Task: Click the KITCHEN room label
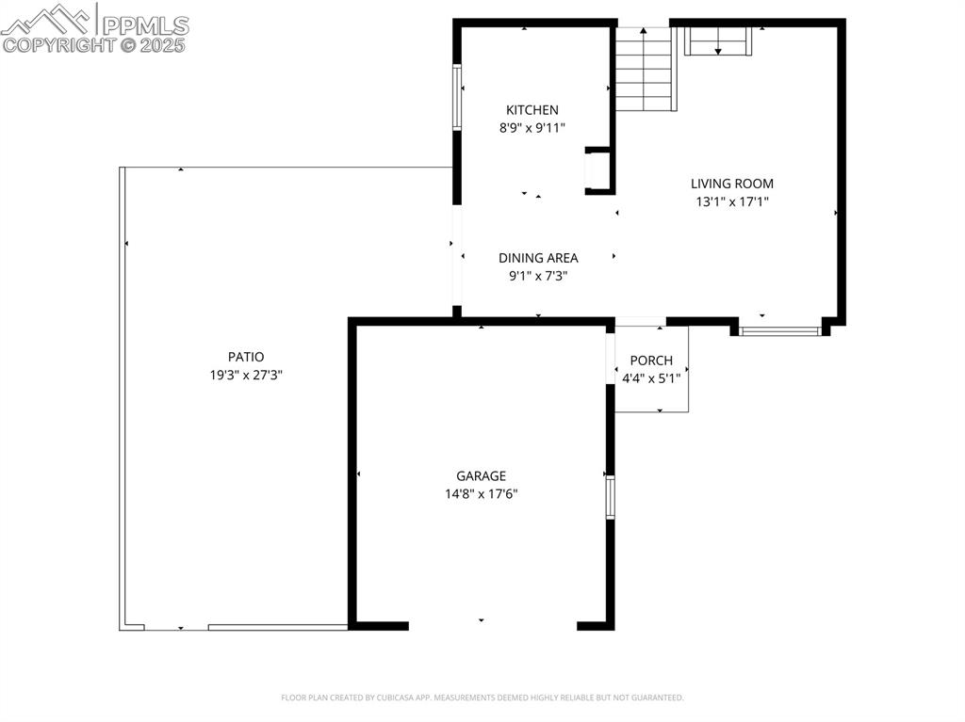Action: pyautogui.click(x=532, y=110)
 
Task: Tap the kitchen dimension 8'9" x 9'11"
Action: pyautogui.click(x=532, y=128)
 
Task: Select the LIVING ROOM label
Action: pyautogui.click(x=731, y=184)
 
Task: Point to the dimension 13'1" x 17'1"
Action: pyautogui.click(x=731, y=201)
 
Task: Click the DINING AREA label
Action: pyautogui.click(x=538, y=258)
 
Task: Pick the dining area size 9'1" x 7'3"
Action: pyautogui.click(x=538, y=276)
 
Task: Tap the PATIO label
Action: pyautogui.click(x=246, y=357)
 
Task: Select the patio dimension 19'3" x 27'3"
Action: pyautogui.click(x=246, y=375)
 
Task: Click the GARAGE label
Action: pyautogui.click(x=482, y=476)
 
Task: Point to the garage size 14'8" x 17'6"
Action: pyautogui.click(x=482, y=494)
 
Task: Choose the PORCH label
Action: pyautogui.click(x=651, y=361)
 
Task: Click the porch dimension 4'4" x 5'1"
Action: pyautogui.click(x=651, y=378)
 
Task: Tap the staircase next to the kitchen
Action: pyautogui.click(x=645, y=71)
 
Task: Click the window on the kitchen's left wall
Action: pyautogui.click(x=457, y=97)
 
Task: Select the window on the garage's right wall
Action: pyautogui.click(x=610, y=497)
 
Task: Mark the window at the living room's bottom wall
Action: pyautogui.click(x=779, y=331)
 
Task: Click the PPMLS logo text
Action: pyautogui.click(x=144, y=24)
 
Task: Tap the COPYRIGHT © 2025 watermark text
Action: pyautogui.click(x=94, y=44)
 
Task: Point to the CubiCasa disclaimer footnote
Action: pyautogui.click(x=482, y=698)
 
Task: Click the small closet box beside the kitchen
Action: pyautogui.click(x=598, y=170)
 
